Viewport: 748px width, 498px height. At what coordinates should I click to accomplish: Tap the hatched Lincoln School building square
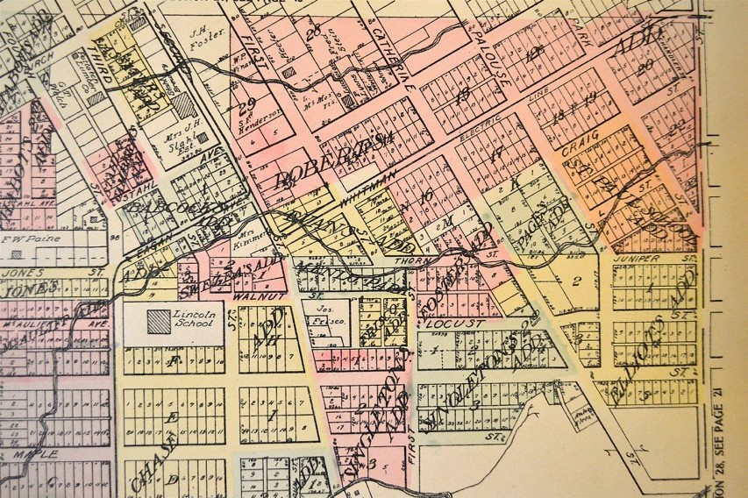tap(158, 321)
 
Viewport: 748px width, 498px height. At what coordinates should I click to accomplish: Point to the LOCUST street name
tap(444, 324)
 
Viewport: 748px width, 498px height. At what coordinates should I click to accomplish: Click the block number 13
tap(463, 91)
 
